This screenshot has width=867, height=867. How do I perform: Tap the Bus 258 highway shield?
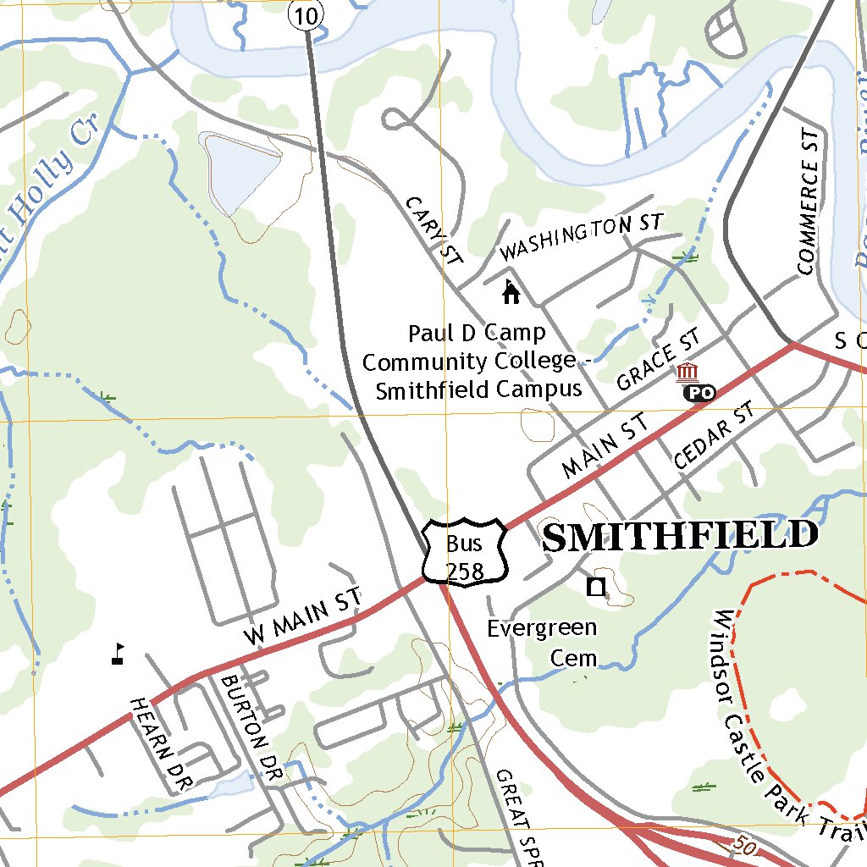pyautogui.click(x=465, y=552)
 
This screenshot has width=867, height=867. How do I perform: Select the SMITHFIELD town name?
pyautogui.click(x=680, y=537)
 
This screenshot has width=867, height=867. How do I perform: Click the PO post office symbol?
pyautogui.click(x=699, y=392)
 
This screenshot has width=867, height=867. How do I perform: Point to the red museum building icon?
pyautogui.click(x=687, y=372)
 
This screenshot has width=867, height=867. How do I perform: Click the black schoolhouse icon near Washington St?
pyautogui.click(x=511, y=292)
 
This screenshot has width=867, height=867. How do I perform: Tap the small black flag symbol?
pyautogui.click(x=118, y=653)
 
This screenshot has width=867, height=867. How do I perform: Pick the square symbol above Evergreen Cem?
pyautogui.click(x=597, y=587)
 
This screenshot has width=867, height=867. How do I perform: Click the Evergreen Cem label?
pyautogui.click(x=542, y=643)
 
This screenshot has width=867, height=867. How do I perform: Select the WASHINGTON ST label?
pyautogui.click(x=580, y=237)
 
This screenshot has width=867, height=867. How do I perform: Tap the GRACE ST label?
pyautogui.click(x=659, y=361)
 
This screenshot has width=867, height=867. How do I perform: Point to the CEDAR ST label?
pyautogui.click(x=713, y=437)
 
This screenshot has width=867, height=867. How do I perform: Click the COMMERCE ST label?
pyautogui.click(x=809, y=203)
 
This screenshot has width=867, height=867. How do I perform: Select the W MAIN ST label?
pyautogui.click(x=302, y=616)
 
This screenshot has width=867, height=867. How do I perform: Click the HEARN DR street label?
pyautogui.click(x=156, y=742)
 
